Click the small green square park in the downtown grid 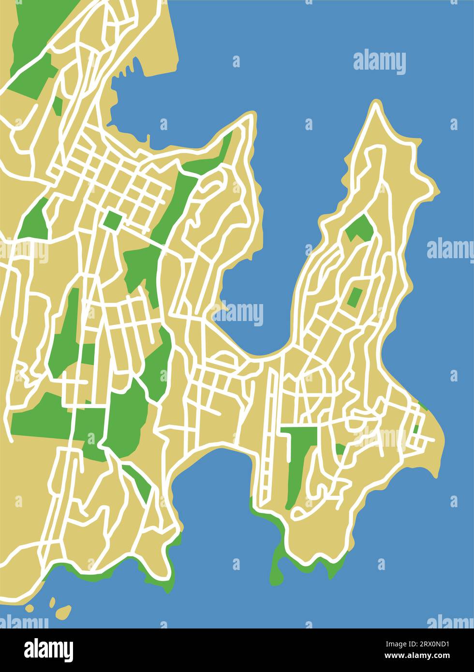pyautogui.click(x=112, y=221)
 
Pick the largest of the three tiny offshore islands pyautogui.click(x=63, y=612)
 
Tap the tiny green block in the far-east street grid pyautogui.click(x=415, y=429)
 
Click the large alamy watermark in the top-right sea pyautogui.click(x=379, y=62)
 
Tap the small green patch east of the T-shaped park pyautogui.click(x=341, y=449)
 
